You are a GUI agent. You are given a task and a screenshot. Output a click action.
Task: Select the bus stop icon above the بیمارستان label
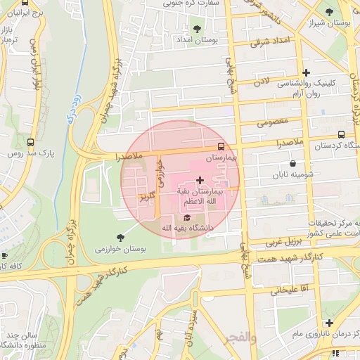point(221,147)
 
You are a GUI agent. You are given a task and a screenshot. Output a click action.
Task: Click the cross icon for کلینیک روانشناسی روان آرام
point(305,72)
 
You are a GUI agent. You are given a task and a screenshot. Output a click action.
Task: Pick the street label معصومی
point(273,122)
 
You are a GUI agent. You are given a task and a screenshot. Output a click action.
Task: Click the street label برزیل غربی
point(283,242)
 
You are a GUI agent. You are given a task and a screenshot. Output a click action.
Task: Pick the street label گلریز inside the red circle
point(146,193)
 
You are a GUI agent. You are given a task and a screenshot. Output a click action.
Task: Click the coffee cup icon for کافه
point(4,255)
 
